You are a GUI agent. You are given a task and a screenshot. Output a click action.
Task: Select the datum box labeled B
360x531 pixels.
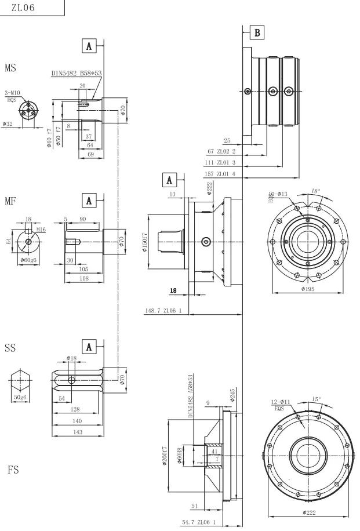point(257,32)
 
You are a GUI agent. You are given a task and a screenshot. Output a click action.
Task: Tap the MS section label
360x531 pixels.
point(10,68)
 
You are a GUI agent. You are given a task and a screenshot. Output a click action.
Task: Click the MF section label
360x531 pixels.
point(10,201)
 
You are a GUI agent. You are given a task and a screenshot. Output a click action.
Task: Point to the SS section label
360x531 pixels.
point(10,348)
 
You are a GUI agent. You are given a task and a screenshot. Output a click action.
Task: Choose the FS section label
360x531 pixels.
point(13,470)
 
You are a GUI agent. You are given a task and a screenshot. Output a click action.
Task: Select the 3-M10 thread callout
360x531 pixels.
point(13,93)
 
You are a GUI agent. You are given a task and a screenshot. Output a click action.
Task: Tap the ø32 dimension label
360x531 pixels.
point(8,124)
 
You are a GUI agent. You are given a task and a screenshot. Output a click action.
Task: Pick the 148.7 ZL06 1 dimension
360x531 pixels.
point(163,311)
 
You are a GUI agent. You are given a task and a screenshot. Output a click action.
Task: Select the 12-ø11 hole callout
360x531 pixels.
point(283,403)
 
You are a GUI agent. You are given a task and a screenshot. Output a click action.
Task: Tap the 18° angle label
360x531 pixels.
point(315,190)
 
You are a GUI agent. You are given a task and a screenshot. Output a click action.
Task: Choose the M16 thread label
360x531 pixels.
point(40,230)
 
